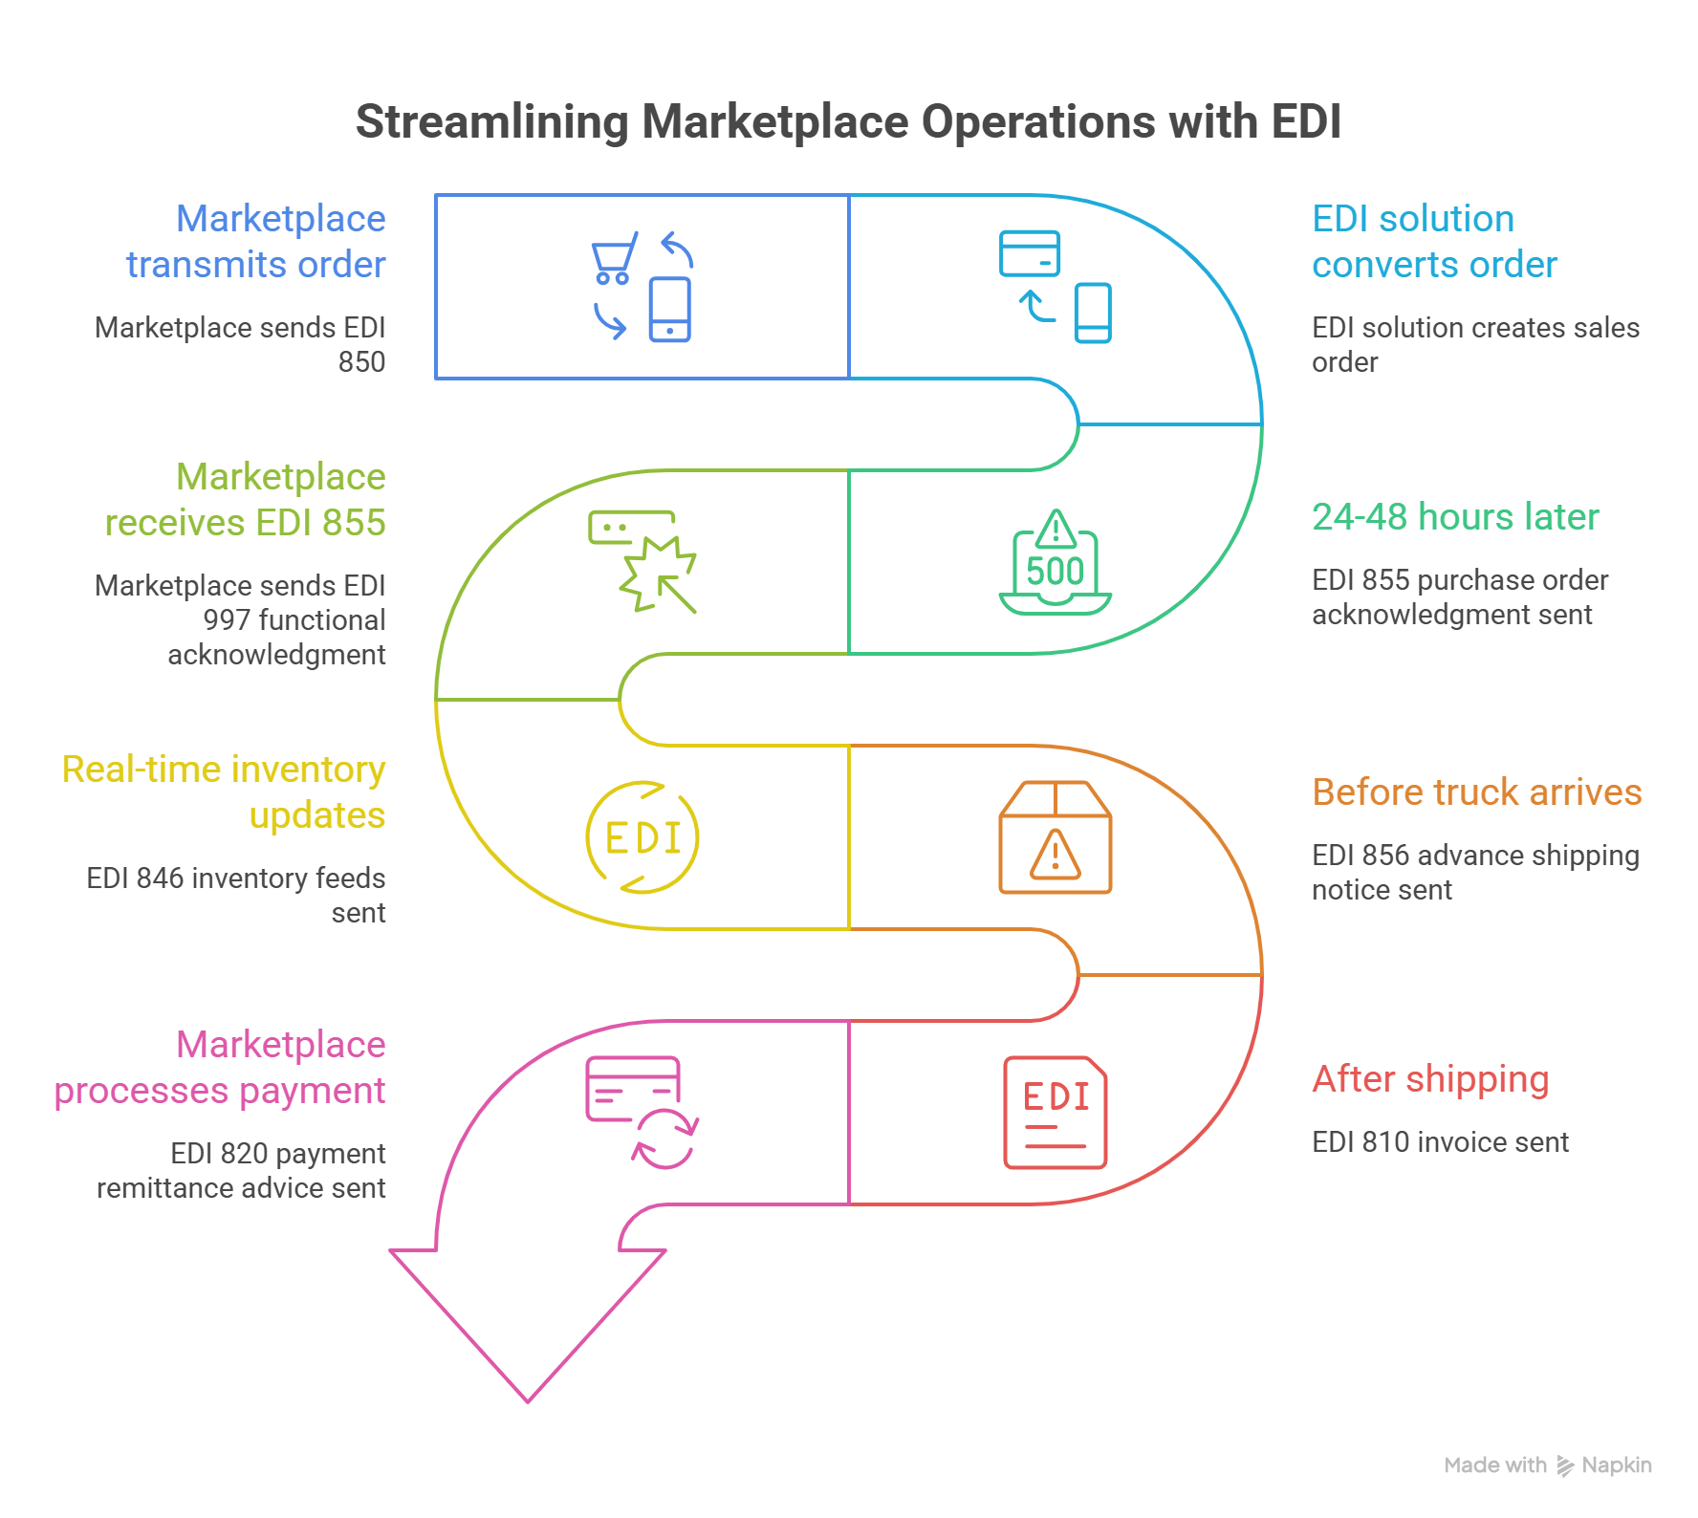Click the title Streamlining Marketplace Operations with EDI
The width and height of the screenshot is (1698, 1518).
click(848, 126)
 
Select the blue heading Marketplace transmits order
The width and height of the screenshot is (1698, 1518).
click(258, 244)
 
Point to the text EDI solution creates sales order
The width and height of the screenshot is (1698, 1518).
click(1472, 342)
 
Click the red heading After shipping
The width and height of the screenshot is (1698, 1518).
click(1430, 1083)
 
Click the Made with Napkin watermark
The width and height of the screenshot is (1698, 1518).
click(1547, 1475)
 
